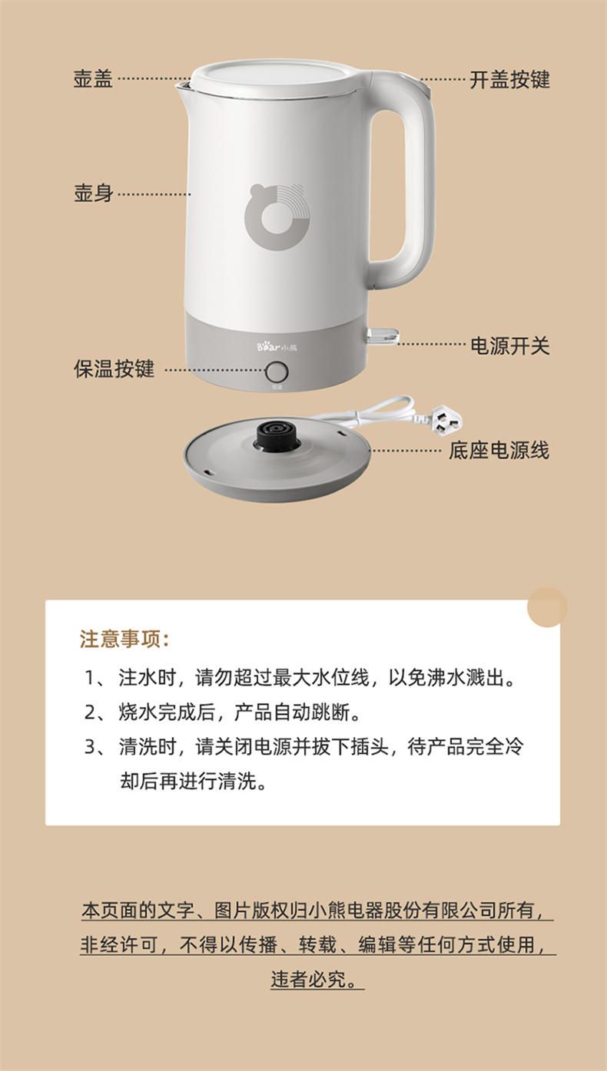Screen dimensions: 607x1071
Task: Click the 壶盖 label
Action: pyautogui.click(x=93, y=79)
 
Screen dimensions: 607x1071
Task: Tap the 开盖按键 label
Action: pyautogui.click(x=509, y=79)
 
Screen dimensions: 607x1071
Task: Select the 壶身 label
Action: pyautogui.click(x=93, y=193)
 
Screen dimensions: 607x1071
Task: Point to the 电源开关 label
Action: pyautogui.click(x=510, y=345)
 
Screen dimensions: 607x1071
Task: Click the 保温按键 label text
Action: pyautogui.click(x=114, y=369)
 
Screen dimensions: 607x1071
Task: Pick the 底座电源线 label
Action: pyautogui.click(x=499, y=451)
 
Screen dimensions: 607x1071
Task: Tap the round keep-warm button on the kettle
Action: pyautogui.click(x=277, y=371)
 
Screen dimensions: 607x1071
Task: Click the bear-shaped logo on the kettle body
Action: pyautogui.click(x=277, y=217)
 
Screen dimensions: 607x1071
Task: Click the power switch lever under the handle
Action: pyautogui.click(x=382, y=336)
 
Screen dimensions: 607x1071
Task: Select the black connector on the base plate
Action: pyautogui.click(x=275, y=436)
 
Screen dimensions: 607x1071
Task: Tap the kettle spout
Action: pyautogui.click(x=184, y=86)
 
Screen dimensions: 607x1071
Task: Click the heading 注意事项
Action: pyautogui.click(x=124, y=639)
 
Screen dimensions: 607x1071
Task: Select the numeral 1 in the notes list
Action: pyautogui.click(x=91, y=677)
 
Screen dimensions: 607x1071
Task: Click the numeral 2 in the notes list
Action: pyautogui.click(x=91, y=712)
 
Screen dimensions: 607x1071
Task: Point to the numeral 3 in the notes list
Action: pyautogui.click(x=91, y=747)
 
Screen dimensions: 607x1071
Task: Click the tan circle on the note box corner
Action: pyautogui.click(x=547, y=607)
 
